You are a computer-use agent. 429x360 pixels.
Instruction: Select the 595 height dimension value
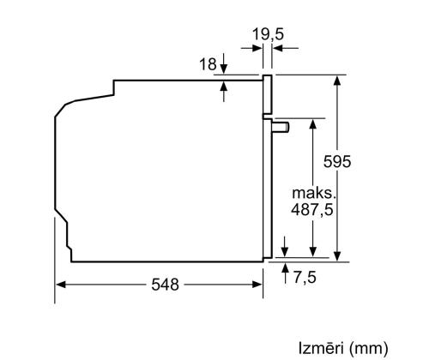pyautogui.click(x=337, y=161)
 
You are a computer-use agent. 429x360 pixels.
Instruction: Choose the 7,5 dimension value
pyautogui.click(x=305, y=278)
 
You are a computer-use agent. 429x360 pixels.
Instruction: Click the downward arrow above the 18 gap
pyautogui.click(x=222, y=67)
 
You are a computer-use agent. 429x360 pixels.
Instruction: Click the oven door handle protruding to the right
pyautogui.click(x=281, y=127)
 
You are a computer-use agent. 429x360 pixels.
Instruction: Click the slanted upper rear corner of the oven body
pyautogui.click(x=64, y=107)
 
